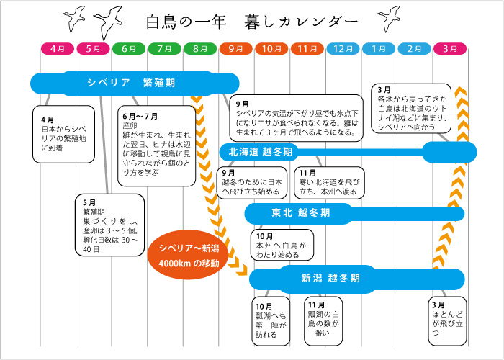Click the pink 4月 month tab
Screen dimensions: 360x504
point(58,48)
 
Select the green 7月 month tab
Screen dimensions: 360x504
point(165,48)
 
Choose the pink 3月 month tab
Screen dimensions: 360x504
point(450,48)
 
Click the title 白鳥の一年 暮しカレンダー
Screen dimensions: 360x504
point(251,22)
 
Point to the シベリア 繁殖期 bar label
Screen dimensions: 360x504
point(130,83)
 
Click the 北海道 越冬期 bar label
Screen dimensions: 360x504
point(260,152)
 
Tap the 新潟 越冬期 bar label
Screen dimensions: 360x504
point(330,278)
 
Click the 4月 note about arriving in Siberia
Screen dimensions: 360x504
point(62,134)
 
